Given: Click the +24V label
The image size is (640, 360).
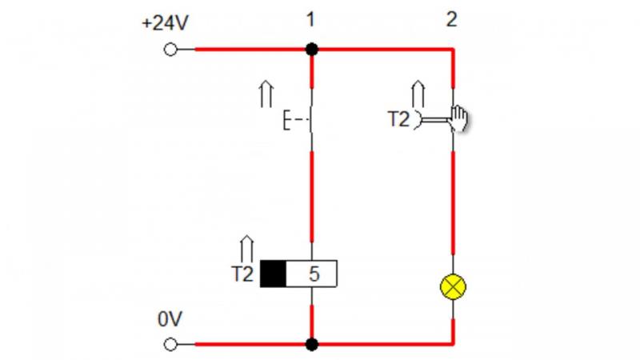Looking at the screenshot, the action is (x=165, y=23).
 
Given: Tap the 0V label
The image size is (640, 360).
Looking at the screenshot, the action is (x=170, y=319).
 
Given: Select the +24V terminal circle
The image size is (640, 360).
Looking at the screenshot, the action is (x=170, y=50).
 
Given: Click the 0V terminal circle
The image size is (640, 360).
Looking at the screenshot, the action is (x=170, y=345).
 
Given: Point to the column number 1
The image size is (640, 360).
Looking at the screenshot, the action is (x=310, y=19).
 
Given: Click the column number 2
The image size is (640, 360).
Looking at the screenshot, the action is (x=451, y=19).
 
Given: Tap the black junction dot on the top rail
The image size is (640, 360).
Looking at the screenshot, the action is (x=312, y=50).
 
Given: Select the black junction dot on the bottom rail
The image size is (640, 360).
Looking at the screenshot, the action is (x=312, y=345).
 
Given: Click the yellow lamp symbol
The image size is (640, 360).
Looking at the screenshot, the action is (x=453, y=287).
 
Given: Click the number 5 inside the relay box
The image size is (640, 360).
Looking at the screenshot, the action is (x=314, y=274).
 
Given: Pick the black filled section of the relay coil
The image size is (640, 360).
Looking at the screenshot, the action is (x=273, y=274).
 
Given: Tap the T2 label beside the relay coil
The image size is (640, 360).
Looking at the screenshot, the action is (x=242, y=274).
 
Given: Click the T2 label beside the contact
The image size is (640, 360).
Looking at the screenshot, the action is (x=398, y=119).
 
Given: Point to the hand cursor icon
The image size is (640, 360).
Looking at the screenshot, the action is (x=458, y=118).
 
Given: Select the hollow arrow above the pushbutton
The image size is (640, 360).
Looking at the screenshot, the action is (x=266, y=94).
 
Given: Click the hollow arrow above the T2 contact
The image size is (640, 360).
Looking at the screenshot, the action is (x=418, y=94).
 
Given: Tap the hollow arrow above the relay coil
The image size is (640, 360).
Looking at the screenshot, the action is (x=246, y=249).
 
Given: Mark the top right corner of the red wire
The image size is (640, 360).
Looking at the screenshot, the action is (x=453, y=50).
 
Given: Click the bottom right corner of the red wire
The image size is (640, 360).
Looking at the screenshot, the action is (x=453, y=344).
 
